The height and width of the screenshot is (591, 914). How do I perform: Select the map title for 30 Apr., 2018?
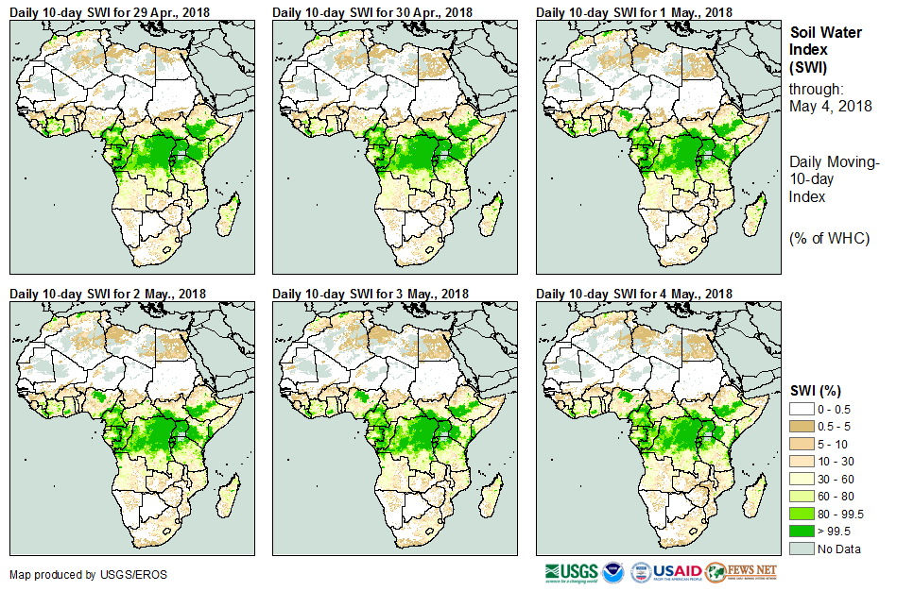[372, 11]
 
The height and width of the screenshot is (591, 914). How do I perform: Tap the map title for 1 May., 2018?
[633, 11]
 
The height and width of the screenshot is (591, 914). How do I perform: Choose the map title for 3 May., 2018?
[371, 294]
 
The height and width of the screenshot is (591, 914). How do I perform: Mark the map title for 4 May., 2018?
[633, 294]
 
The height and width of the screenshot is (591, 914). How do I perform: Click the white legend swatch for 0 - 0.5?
[802, 408]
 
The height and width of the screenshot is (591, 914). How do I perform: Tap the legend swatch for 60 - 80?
[802, 497]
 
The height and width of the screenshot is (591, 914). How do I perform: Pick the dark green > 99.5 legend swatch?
[802, 532]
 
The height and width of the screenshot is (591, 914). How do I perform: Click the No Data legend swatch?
[802, 549]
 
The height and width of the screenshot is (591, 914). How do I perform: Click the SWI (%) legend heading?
[816, 390]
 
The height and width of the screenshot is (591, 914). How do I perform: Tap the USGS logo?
[571, 572]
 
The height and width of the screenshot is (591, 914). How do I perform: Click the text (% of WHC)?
[829, 238]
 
